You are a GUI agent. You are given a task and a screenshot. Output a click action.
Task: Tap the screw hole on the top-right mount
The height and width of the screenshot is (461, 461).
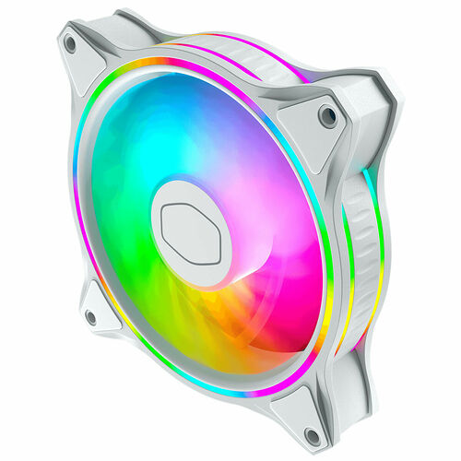[327, 115]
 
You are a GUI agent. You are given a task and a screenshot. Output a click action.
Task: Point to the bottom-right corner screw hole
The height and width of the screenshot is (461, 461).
[313, 435]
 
